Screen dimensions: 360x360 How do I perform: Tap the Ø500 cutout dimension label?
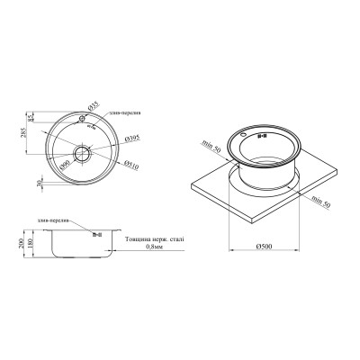pos(265,246)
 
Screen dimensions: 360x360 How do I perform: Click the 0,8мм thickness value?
pos(152,249)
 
